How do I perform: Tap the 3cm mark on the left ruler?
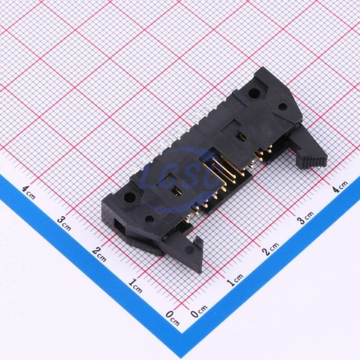click(64, 224)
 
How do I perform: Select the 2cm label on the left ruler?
click(99, 255)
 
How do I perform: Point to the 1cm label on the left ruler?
click(135, 286)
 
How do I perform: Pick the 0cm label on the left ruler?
click(172, 319)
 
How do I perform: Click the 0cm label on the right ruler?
click(198, 310)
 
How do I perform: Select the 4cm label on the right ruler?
click(340, 186)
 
